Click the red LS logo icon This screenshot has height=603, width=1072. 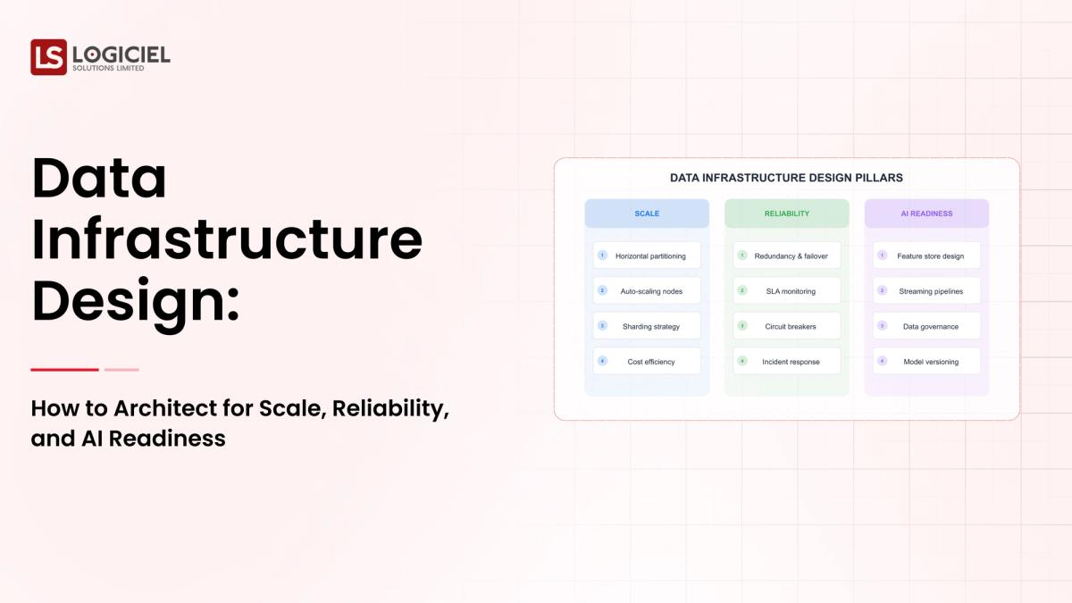[x=48, y=56]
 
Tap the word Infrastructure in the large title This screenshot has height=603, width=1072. [x=227, y=239]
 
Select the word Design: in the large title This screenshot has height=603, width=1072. [x=136, y=300]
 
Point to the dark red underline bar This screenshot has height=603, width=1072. [x=64, y=369]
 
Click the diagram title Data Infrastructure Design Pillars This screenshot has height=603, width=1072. [x=786, y=178]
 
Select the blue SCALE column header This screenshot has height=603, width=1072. [x=647, y=214]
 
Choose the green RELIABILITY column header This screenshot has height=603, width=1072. [x=786, y=214]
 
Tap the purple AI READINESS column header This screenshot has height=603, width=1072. [x=926, y=214]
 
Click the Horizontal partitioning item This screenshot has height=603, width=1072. [x=647, y=255]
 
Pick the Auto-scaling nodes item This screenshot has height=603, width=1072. [x=647, y=291]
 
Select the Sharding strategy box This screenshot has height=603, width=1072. [x=647, y=326]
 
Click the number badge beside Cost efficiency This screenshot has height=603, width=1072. [x=602, y=361]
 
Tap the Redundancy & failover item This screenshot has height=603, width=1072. [x=786, y=255]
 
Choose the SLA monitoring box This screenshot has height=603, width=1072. [x=786, y=291]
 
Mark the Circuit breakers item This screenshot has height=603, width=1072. [x=786, y=326]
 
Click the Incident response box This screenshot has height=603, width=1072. [x=786, y=362]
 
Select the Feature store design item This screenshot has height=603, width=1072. [x=926, y=255]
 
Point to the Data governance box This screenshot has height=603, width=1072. [x=926, y=326]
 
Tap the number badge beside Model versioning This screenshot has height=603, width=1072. [x=882, y=361]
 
